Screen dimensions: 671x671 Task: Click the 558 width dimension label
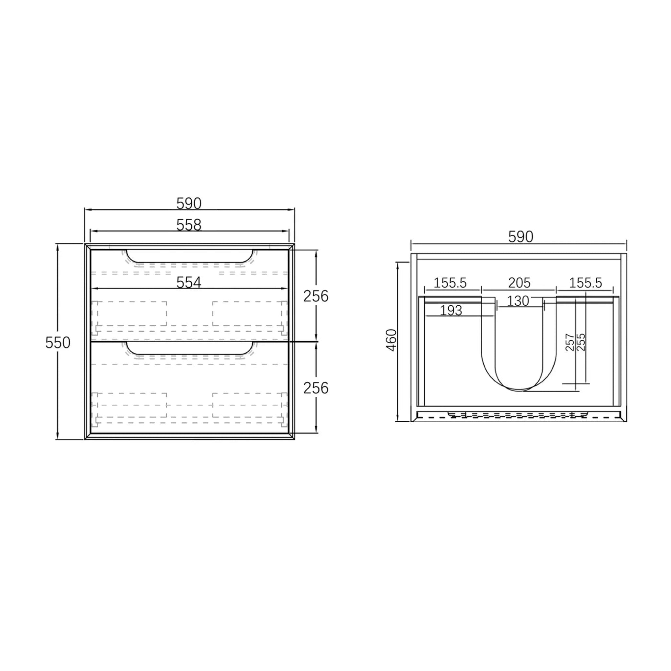189,225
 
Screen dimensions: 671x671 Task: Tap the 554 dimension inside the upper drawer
189,283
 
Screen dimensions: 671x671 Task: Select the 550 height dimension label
58,343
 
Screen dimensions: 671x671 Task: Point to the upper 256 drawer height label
316,296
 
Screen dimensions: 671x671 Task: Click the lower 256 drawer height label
316,388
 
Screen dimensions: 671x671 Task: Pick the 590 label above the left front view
189,203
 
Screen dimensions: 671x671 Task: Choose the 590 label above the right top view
520,237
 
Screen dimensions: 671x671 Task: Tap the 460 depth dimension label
392,340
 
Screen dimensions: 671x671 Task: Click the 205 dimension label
519,283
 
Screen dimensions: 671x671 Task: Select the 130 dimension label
518,301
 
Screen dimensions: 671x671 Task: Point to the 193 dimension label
451,311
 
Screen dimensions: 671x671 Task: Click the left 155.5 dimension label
450,283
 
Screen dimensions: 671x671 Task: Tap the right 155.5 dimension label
585,283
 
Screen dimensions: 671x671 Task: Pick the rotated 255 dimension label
581,342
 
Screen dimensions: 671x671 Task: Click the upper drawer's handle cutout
189,256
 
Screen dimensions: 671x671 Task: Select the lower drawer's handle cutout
189,348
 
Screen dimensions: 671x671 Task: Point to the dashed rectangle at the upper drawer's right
248,314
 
